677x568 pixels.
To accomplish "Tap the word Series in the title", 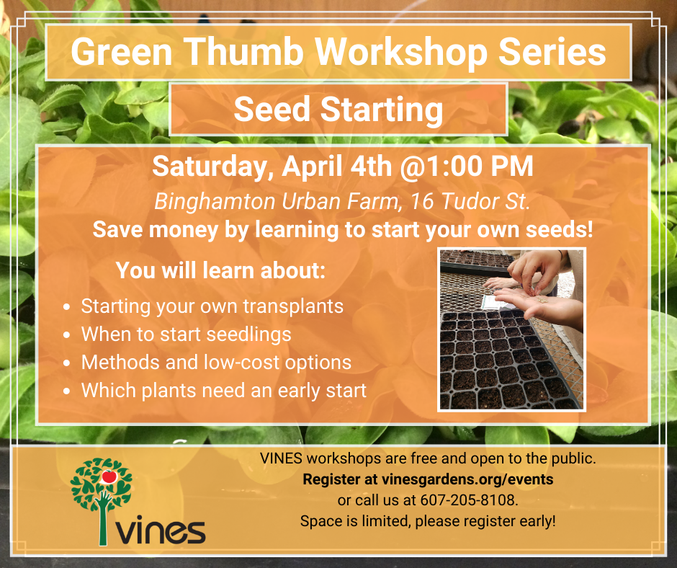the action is pos(552,52).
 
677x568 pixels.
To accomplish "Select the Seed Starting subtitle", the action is pos(338,110).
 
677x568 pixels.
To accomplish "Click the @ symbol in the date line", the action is pos(413,167).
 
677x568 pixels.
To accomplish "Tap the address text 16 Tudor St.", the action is pos(470,201).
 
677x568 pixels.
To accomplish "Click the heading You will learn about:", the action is pos(220,270).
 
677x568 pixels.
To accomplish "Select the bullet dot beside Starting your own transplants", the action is pos(66,307).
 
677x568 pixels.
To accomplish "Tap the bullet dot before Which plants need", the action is pos(66,391).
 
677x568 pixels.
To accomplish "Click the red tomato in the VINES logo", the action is pos(109,476).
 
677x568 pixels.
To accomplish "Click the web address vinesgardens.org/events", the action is pos(467,479).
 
